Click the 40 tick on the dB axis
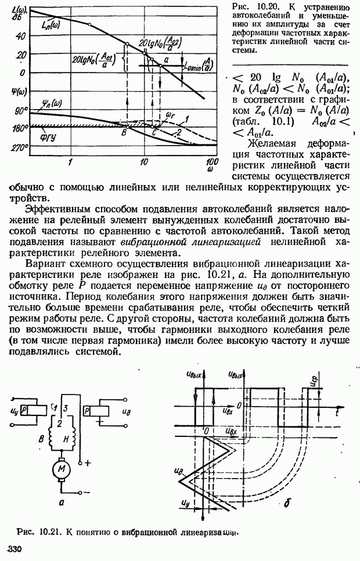pyautogui.click(x=21, y=35)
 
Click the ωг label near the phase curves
pyautogui.click(x=170, y=115)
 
